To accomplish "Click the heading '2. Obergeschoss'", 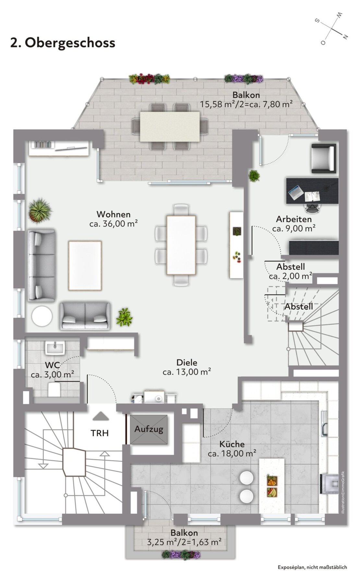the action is [63, 42].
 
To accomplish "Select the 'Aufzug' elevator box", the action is [149, 429].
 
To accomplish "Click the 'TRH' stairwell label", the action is [100, 433].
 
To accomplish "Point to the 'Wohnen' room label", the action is [114, 214].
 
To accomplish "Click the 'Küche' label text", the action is [232, 444].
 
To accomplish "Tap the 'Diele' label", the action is [187, 362].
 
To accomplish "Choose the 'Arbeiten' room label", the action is [294, 219].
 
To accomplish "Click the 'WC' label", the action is [52, 366].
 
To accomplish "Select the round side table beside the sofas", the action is [42, 316].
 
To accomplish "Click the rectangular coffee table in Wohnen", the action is [85, 266].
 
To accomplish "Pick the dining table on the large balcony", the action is [170, 126].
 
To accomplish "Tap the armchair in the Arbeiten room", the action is [323, 158].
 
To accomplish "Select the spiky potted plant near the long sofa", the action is [40, 211].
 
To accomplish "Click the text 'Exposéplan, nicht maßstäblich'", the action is [312, 567].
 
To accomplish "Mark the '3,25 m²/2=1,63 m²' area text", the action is [184, 542].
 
